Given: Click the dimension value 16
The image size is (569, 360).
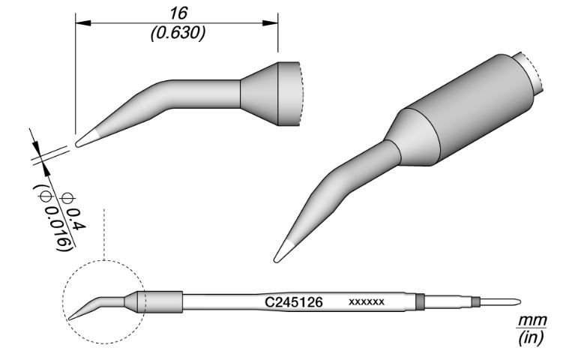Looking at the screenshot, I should click(177, 13).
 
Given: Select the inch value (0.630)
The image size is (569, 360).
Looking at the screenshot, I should click(178, 34).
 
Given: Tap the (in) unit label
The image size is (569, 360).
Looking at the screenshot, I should click(530, 337).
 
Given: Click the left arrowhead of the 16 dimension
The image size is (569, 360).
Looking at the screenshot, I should click(79, 22).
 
